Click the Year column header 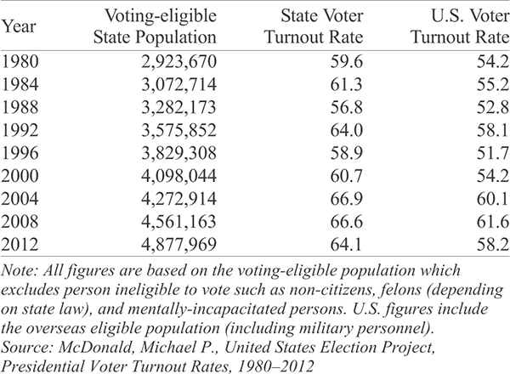(18, 26)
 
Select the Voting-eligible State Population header (155, 26)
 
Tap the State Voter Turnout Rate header (314, 26)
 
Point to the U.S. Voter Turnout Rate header (460, 26)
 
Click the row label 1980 (20, 62)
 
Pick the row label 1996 (20, 153)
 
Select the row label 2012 (20, 244)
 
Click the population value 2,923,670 (178, 62)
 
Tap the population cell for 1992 (178, 130)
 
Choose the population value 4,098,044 (178, 176)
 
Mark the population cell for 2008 (178, 222)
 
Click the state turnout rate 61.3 (347, 84)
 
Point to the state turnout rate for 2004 (347, 198)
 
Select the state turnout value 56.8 (347, 107)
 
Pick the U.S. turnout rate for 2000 (493, 176)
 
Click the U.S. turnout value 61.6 (493, 222)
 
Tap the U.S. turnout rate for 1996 (493, 153)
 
